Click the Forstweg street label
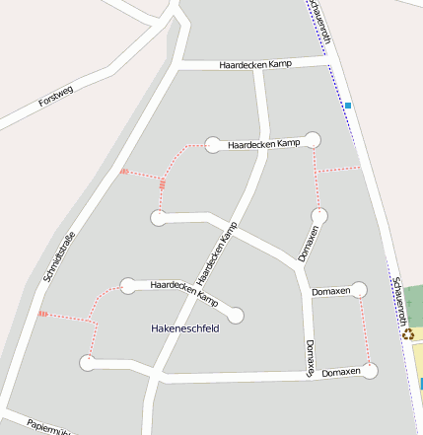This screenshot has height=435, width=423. coord(57,97)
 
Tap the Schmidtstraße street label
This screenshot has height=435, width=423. coord(59,256)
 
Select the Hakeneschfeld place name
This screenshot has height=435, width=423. coord(184,327)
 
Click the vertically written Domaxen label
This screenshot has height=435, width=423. coord(310,357)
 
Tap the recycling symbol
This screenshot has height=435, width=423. coord(408,333)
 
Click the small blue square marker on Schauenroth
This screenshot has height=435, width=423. coord(347,105)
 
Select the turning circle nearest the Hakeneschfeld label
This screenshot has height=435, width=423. coord(236,316)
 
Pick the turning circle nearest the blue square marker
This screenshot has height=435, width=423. coord(313,139)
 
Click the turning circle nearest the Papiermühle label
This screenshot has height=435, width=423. coord(89,362)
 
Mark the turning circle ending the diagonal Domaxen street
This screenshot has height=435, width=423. coord(318,215)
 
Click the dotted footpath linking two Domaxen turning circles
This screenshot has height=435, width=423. coord(365,330)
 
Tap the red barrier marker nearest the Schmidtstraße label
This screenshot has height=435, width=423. coord(42,314)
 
